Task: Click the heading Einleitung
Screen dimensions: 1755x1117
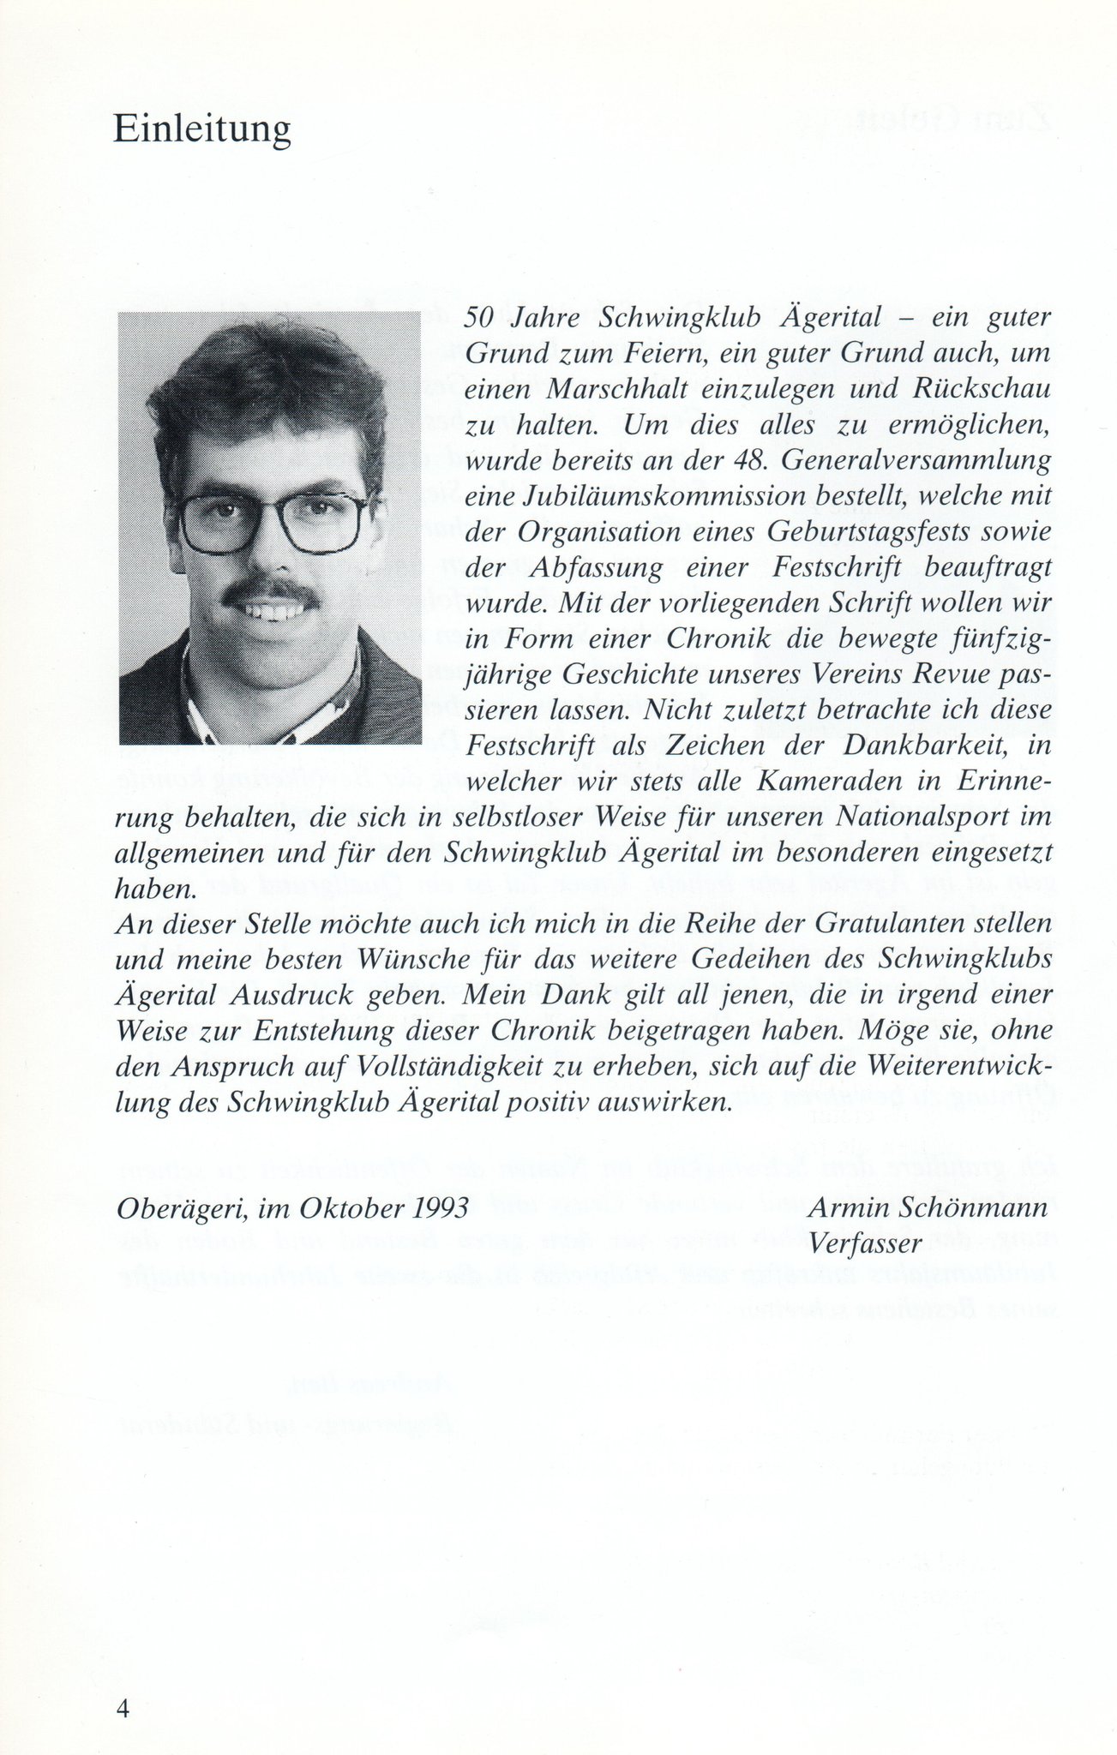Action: pyautogui.click(x=202, y=131)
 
